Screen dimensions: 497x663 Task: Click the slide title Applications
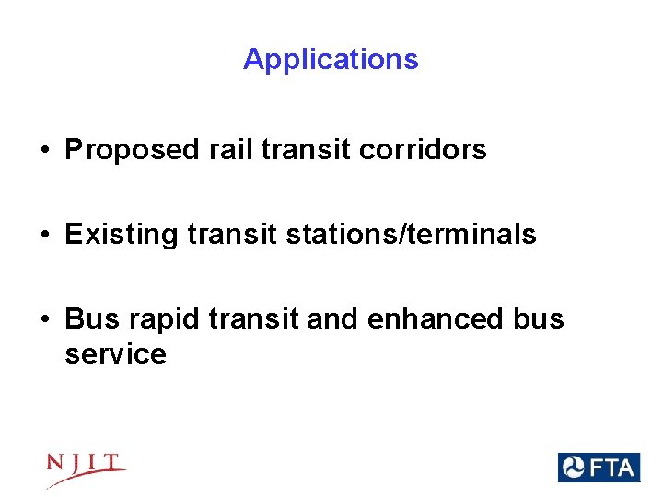331,60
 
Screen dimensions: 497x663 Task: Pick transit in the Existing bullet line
232,235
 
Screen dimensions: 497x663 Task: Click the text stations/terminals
411,235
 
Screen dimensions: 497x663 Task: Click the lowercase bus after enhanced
538,319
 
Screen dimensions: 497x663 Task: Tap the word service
115,354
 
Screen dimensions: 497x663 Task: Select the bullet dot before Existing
45,236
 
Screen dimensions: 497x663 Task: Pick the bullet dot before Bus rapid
45,320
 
